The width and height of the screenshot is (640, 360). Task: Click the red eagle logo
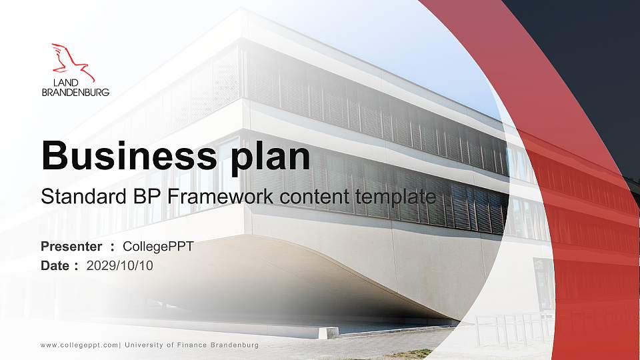pyautogui.click(x=73, y=61)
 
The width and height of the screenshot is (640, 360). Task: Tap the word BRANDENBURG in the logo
pyautogui.click(x=75, y=93)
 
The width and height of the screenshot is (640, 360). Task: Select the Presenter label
pyautogui.click(x=71, y=247)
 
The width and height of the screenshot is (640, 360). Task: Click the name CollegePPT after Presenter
pyautogui.click(x=159, y=247)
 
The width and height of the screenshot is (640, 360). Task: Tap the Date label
pyautogui.click(x=55, y=265)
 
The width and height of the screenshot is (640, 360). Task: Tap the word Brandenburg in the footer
pyautogui.click(x=234, y=345)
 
